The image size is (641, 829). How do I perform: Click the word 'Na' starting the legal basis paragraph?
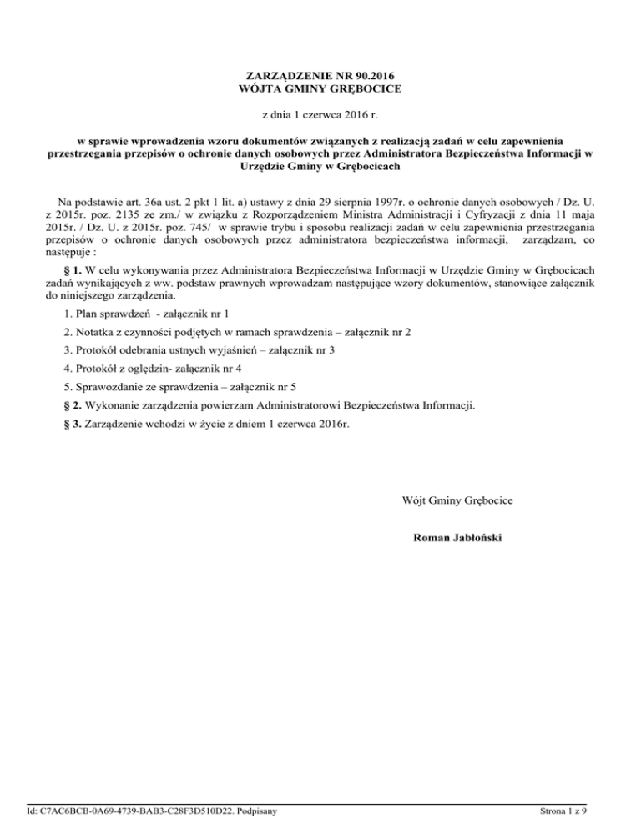point(64,203)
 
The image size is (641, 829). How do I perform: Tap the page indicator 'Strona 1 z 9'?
point(563,808)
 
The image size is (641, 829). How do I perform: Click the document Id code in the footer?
point(129,808)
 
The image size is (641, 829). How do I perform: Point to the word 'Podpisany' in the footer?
point(255,808)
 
